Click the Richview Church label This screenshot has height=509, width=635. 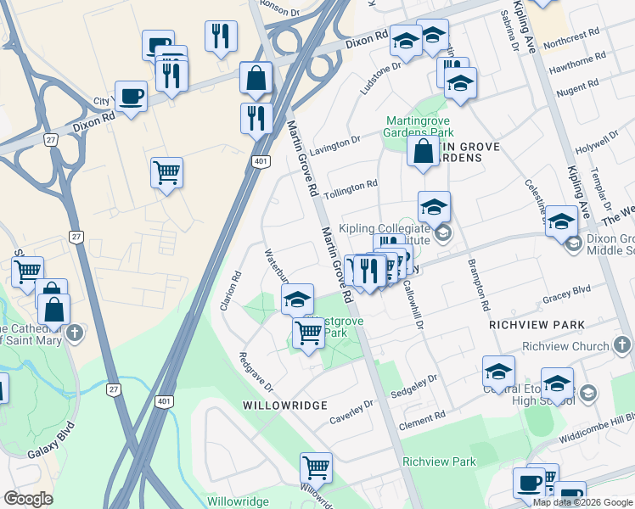(565, 346)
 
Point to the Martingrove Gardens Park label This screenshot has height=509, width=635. (419, 126)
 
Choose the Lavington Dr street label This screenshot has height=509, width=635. (335, 146)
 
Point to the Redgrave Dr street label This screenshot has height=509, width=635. (255, 372)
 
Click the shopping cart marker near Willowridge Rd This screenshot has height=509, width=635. (316, 466)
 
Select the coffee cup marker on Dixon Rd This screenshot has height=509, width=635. (131, 96)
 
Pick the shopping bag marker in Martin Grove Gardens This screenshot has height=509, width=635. (423, 152)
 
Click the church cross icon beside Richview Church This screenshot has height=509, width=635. (622, 344)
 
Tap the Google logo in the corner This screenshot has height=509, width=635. (28, 499)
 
